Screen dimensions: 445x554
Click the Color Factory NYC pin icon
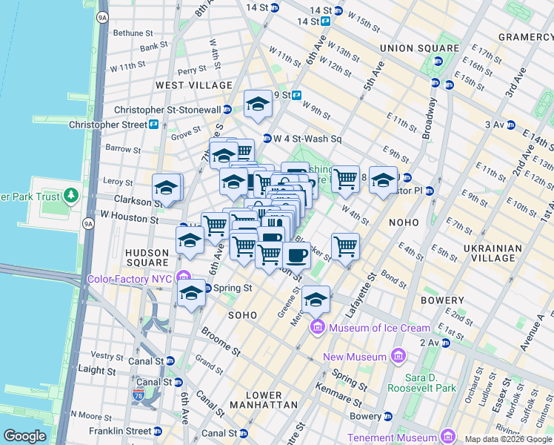point(183,279)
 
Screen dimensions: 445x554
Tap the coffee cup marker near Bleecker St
point(296,256)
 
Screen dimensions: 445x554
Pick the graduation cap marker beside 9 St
point(258,104)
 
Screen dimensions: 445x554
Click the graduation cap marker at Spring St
point(192,293)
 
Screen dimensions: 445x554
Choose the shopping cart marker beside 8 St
point(345,179)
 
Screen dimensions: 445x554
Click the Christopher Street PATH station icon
point(153,125)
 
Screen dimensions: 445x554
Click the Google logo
point(24,436)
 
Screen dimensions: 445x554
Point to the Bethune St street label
point(133,33)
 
